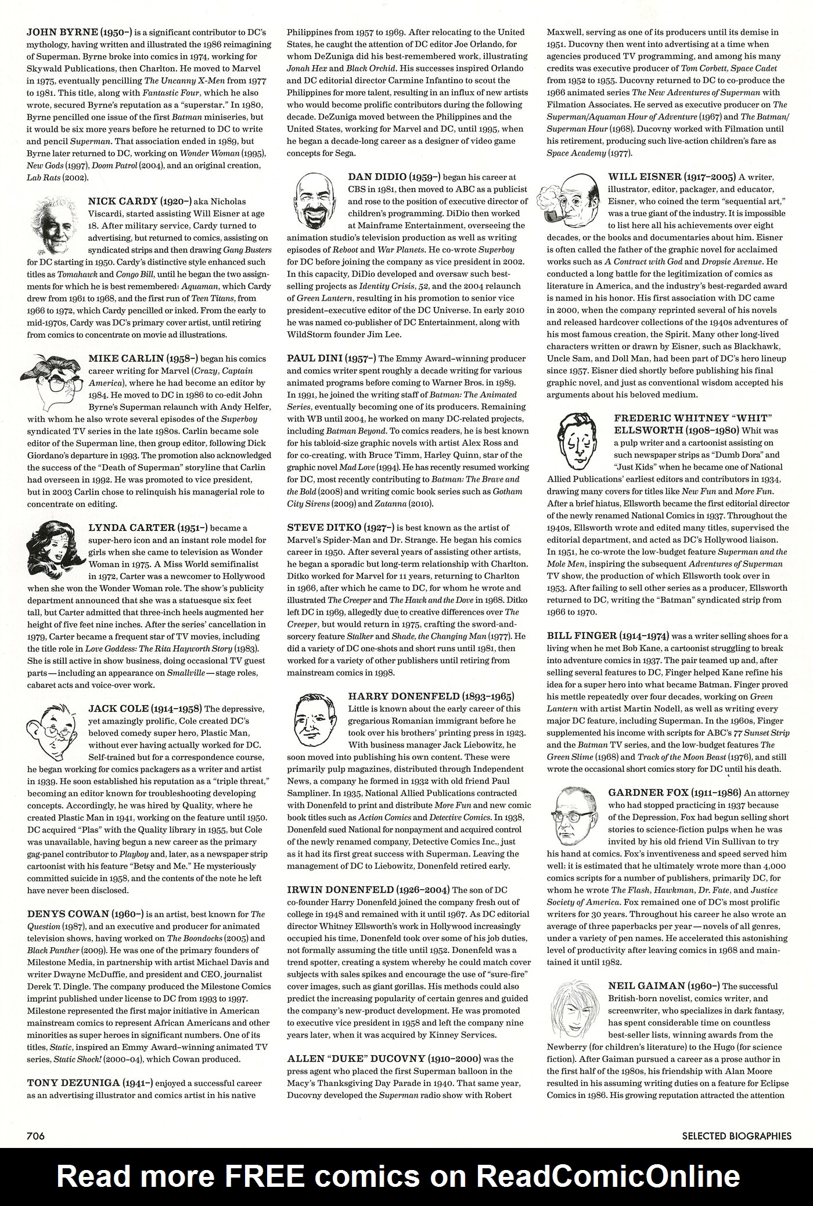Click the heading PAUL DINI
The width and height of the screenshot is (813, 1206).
click(x=316, y=359)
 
